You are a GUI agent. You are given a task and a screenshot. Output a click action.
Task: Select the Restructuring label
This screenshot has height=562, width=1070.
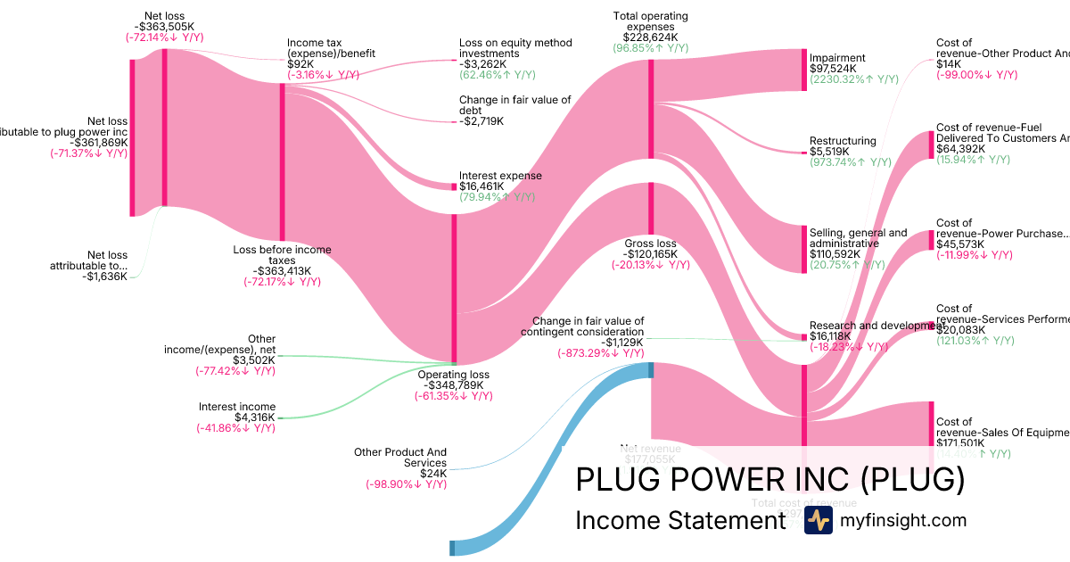point(843,141)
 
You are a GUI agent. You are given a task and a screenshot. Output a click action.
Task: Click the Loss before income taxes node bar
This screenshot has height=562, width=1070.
point(283,161)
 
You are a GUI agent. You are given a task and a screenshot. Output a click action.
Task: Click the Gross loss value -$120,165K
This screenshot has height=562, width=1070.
point(649,254)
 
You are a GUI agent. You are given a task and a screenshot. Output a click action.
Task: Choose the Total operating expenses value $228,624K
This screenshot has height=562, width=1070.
point(650,38)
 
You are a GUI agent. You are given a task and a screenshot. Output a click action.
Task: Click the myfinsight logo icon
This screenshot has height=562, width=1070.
point(818,521)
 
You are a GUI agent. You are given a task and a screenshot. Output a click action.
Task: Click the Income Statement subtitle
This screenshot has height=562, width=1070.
point(679,520)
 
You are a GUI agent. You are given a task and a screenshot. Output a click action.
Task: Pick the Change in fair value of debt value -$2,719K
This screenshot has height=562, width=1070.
point(481,121)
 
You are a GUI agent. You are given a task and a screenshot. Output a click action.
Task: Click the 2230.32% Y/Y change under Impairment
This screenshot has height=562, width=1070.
point(853,80)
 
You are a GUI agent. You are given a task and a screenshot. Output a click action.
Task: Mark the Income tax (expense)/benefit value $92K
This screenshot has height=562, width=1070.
point(300,64)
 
